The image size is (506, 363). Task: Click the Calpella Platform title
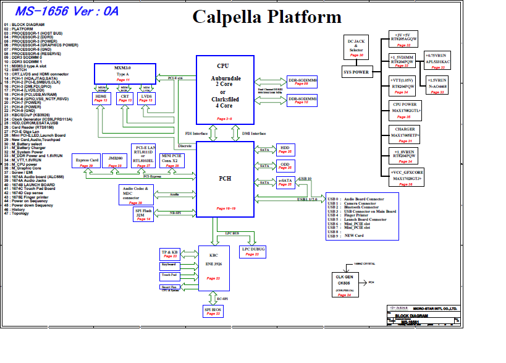(266, 17)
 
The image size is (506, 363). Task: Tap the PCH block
(224, 179)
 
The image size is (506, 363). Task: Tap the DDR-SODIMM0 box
(301, 82)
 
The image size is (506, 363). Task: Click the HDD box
(285, 150)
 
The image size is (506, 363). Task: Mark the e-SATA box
(285, 182)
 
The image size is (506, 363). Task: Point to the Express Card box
(87, 161)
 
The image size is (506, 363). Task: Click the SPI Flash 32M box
(143, 215)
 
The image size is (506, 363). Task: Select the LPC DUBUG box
(253, 251)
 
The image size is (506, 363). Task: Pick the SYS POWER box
(356, 72)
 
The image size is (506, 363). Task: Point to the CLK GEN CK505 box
(348, 283)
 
